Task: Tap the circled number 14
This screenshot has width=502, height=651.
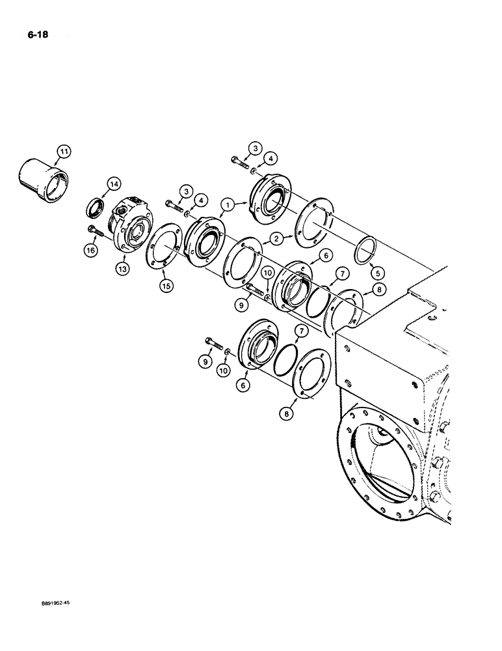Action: [x=114, y=186]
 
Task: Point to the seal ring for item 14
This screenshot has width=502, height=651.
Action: [x=96, y=208]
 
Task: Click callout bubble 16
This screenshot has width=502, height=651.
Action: [x=90, y=249]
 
